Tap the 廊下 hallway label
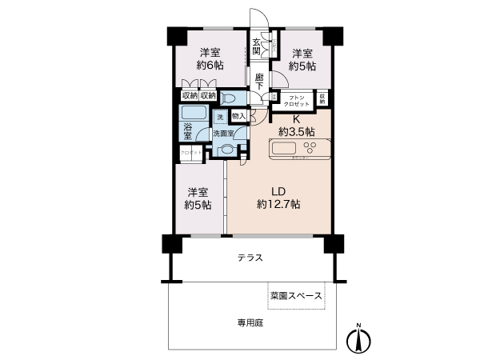tap(260, 81)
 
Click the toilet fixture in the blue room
tap(229, 98)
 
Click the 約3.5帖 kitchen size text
tap(296, 130)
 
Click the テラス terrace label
tap(250, 258)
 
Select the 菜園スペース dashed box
tap(296, 295)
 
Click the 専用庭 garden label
tap(250, 323)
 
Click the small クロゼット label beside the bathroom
tap(190, 151)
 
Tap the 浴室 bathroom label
tap(188, 132)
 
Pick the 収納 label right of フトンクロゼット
tap(322, 98)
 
